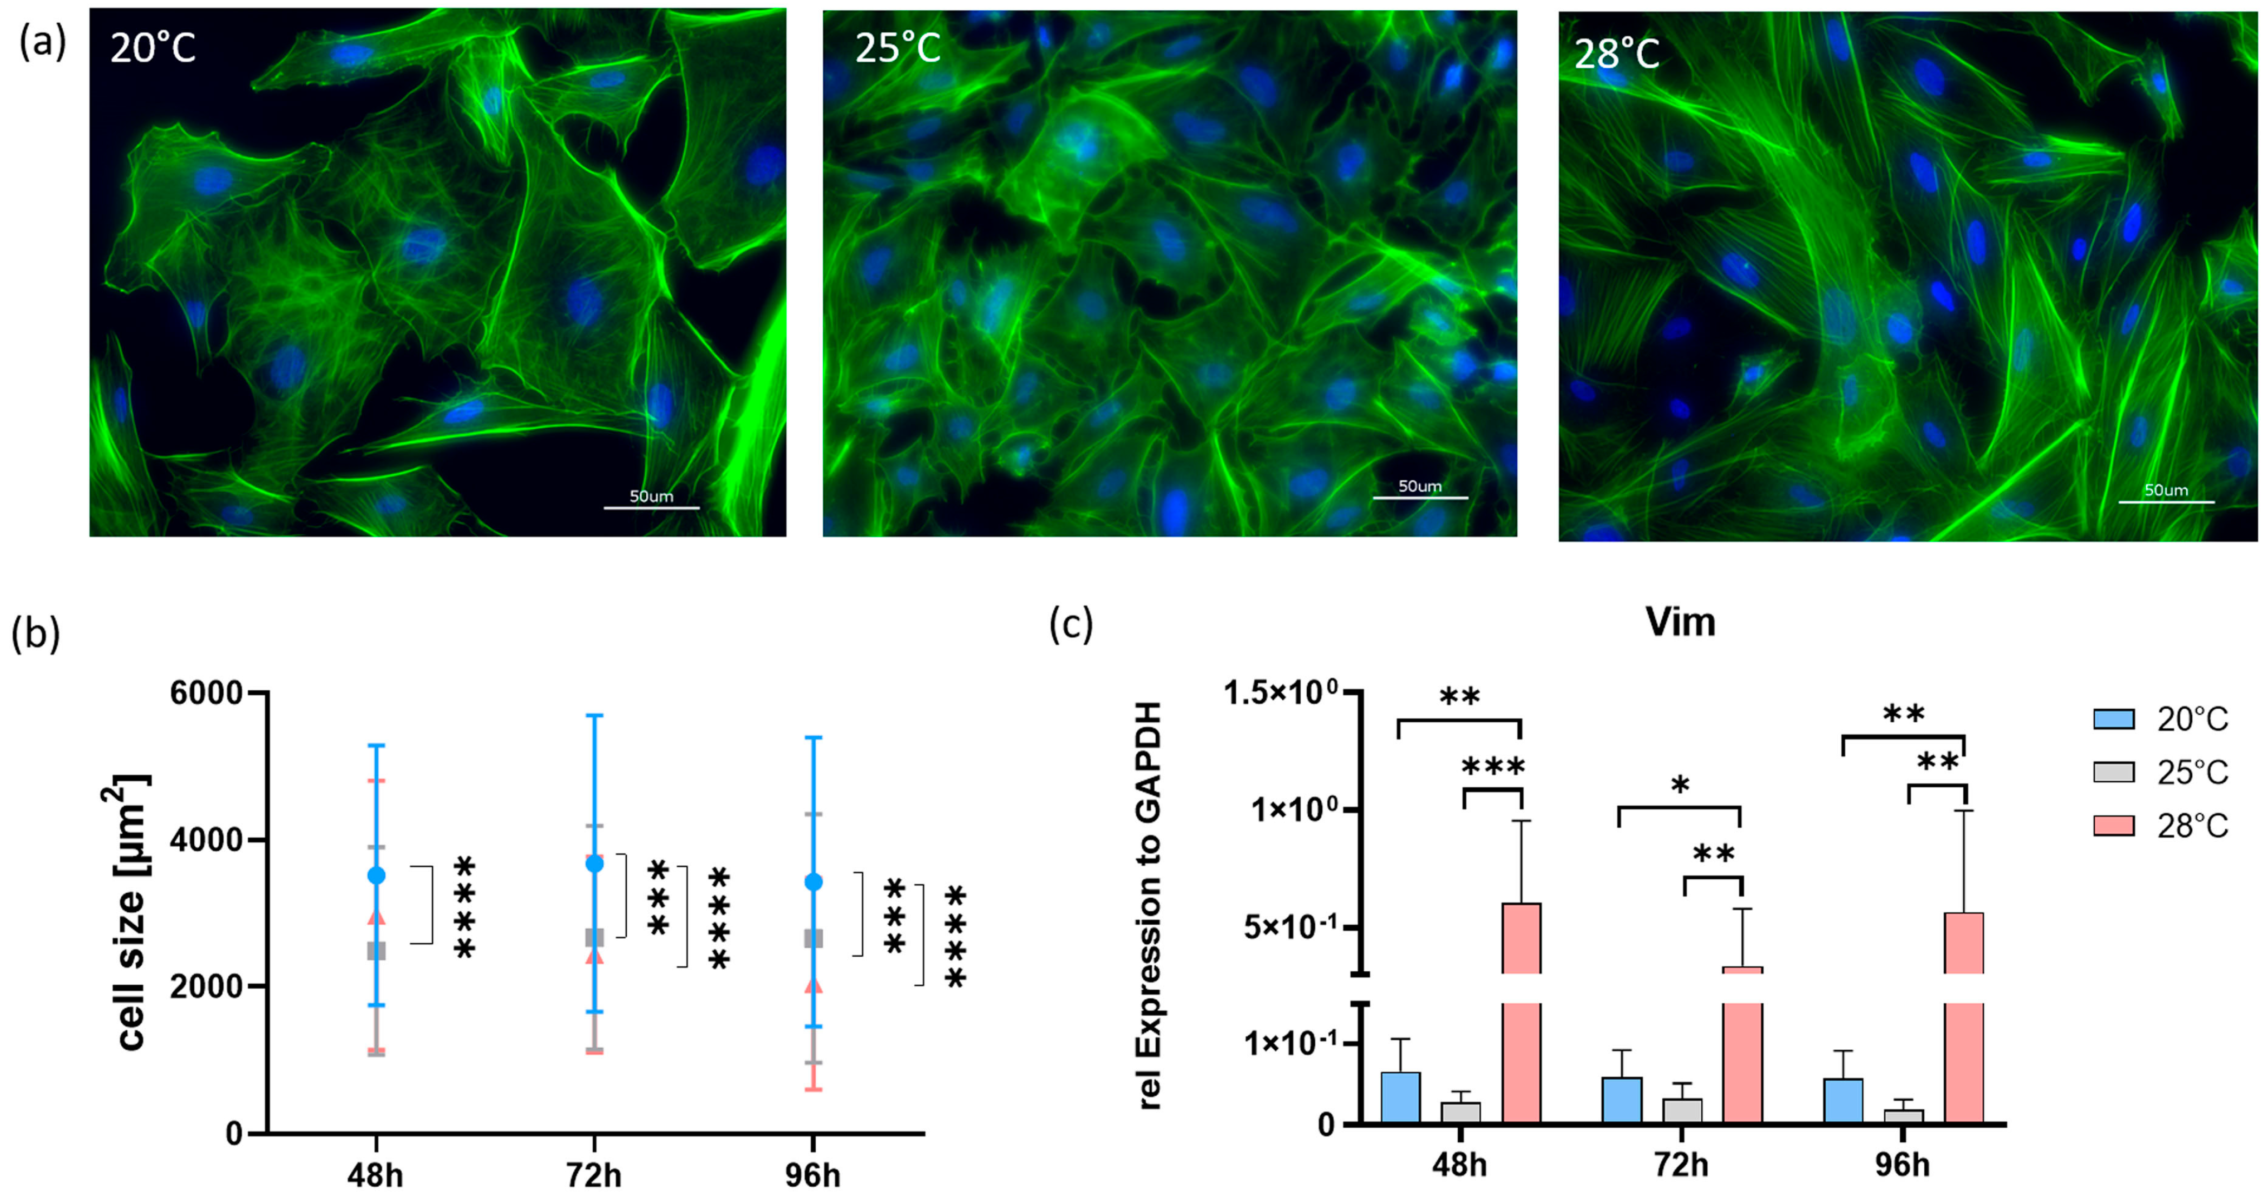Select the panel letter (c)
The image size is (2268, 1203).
(1071, 624)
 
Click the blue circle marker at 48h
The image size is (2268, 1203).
(376, 874)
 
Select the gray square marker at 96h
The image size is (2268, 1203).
(814, 938)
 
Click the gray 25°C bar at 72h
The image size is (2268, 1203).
(1682, 1110)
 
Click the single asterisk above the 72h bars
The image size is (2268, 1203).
(1680, 784)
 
